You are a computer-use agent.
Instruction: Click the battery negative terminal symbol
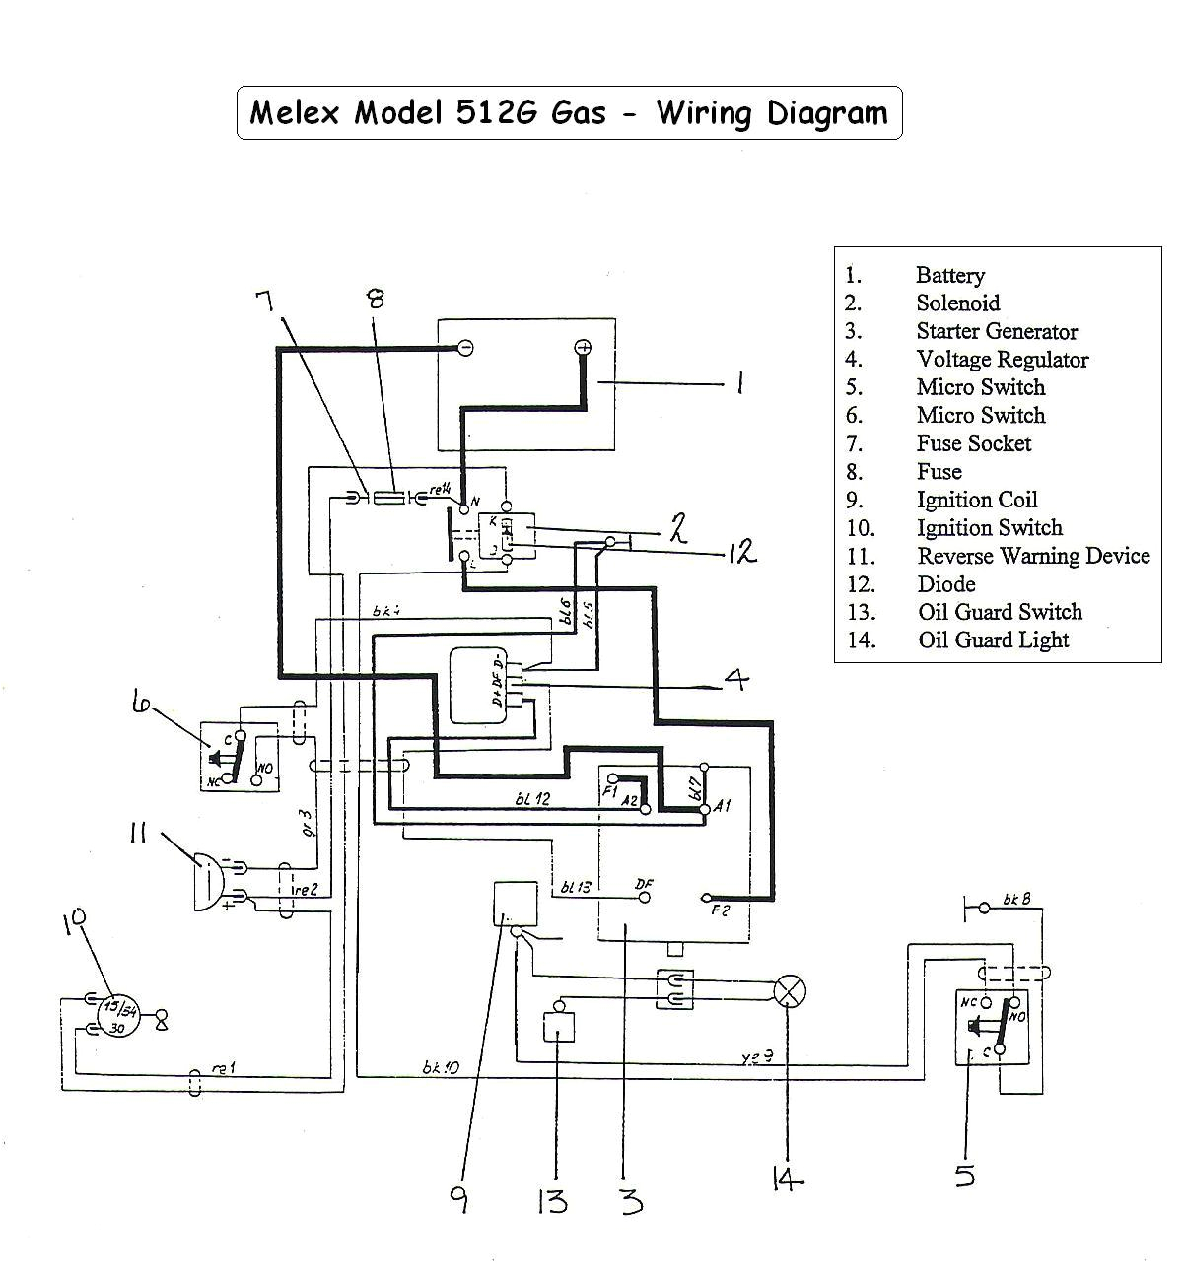pos(464,347)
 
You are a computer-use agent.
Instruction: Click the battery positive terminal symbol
pos(583,347)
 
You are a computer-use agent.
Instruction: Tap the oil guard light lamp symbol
pos(788,990)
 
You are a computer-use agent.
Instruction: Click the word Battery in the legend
pos(949,275)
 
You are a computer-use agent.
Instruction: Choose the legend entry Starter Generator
pos(996,331)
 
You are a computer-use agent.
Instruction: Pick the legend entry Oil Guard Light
pos(993,640)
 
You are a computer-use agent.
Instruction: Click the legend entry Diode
pos(945,583)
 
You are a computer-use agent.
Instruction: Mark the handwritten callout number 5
pos(964,1175)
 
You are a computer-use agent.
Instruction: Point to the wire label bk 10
pos(441,1066)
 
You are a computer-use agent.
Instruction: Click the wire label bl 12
pos(532,799)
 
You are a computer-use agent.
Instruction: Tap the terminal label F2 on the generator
pos(721,910)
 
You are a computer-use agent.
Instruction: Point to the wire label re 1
pos(224,1068)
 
